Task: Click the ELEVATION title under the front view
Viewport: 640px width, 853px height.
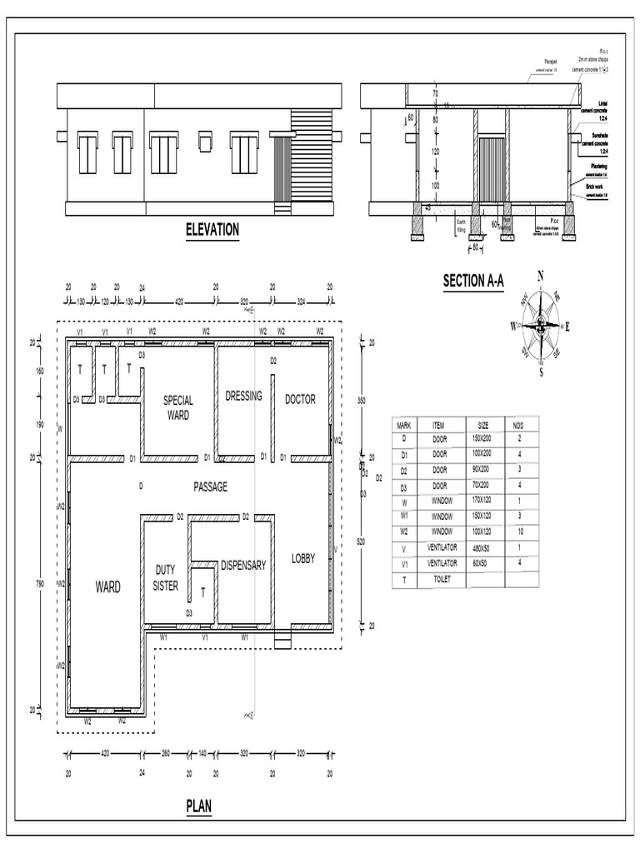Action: (212, 230)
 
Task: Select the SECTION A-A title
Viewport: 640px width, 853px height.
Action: (473, 282)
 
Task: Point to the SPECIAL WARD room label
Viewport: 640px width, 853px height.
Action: (178, 407)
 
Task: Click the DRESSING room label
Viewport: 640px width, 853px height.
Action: (243, 397)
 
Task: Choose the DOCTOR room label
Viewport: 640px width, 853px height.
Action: (300, 400)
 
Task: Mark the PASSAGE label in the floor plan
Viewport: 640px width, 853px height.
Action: (210, 487)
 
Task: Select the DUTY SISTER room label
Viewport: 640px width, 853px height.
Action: (166, 578)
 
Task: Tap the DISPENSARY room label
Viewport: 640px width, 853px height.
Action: (243, 566)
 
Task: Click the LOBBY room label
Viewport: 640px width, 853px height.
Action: (303, 559)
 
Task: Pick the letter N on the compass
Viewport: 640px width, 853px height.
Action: (540, 276)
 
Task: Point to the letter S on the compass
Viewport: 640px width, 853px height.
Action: (541, 372)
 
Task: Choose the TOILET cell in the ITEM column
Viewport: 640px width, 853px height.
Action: (440, 579)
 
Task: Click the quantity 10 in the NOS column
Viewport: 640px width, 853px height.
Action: (519, 532)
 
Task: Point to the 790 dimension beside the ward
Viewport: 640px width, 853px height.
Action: (38, 585)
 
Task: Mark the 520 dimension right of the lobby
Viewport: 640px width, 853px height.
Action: (361, 542)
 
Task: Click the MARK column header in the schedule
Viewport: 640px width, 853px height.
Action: (404, 425)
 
